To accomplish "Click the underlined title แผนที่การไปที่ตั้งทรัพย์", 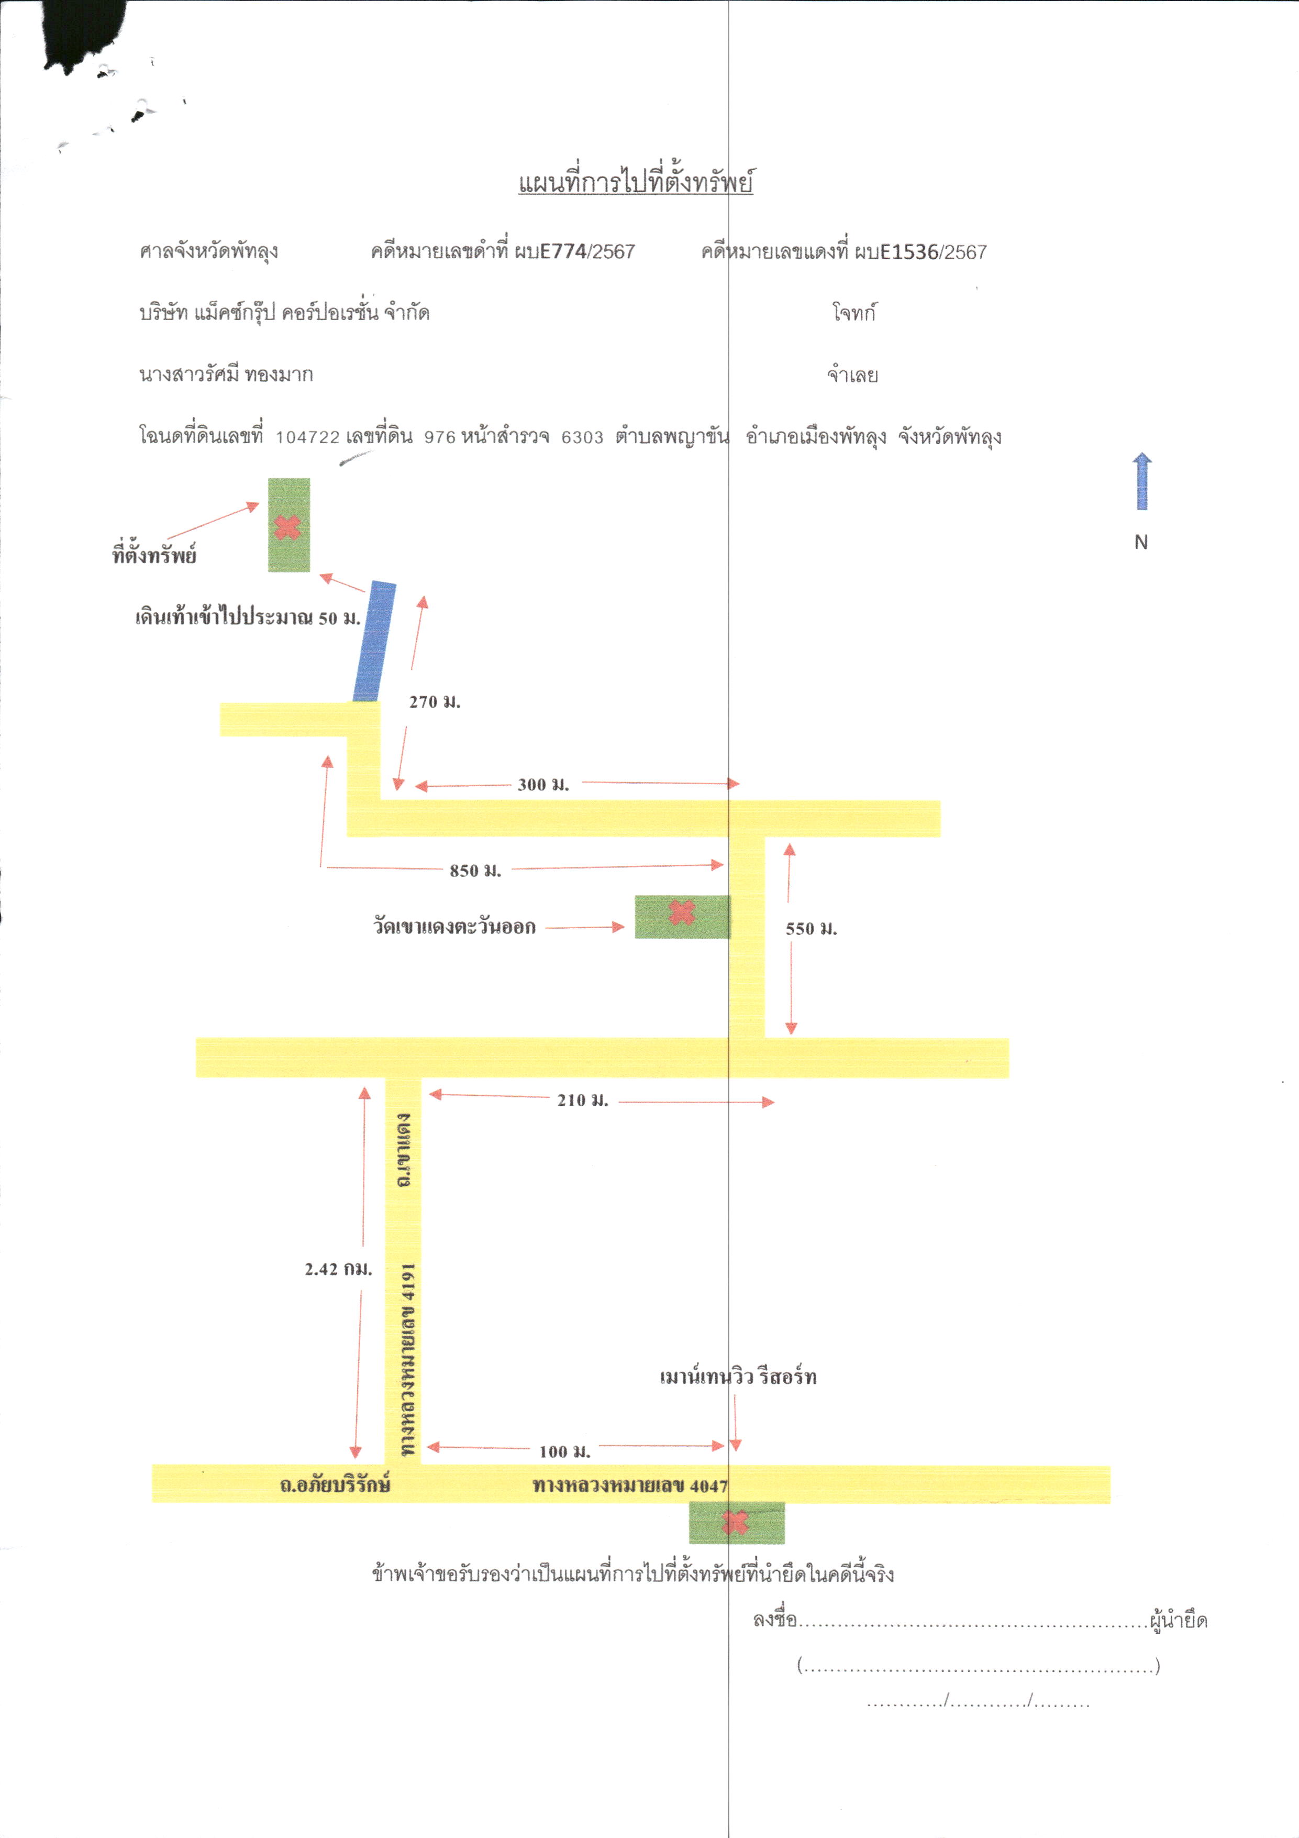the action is coord(636,182).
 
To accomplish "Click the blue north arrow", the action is coord(1142,481).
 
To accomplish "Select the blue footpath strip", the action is coord(374,641).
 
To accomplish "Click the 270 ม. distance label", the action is coord(435,702).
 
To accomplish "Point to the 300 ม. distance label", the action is coord(543,785).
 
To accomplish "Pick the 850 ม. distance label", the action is coord(475,870).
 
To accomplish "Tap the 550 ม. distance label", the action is coord(811,929).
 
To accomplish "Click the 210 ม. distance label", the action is coord(583,1100).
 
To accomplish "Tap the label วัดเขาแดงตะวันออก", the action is coord(454,926).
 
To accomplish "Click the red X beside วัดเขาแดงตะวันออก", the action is coord(682,912).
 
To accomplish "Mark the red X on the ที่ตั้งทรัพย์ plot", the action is coord(287,527).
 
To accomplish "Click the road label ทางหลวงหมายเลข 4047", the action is coord(630,1486).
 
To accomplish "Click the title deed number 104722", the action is coord(307,437).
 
